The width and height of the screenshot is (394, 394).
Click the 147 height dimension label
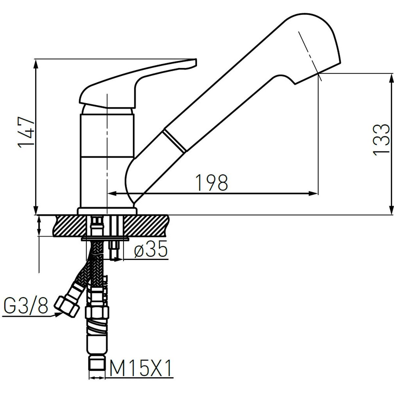pyautogui.click(x=26, y=133)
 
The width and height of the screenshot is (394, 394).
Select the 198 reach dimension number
pyautogui.click(x=211, y=182)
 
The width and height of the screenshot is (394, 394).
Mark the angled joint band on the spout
pyautogui.click(x=174, y=141)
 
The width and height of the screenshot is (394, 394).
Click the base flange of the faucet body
pyautogui.click(x=107, y=211)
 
